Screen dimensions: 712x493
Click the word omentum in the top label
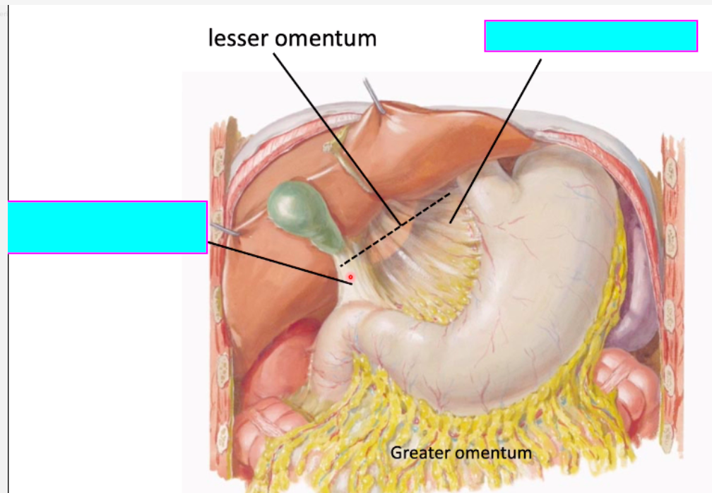[x=325, y=37]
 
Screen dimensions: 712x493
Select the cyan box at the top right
[x=591, y=36]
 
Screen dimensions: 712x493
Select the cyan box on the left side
[x=107, y=227]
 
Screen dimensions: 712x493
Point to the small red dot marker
[x=350, y=278]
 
